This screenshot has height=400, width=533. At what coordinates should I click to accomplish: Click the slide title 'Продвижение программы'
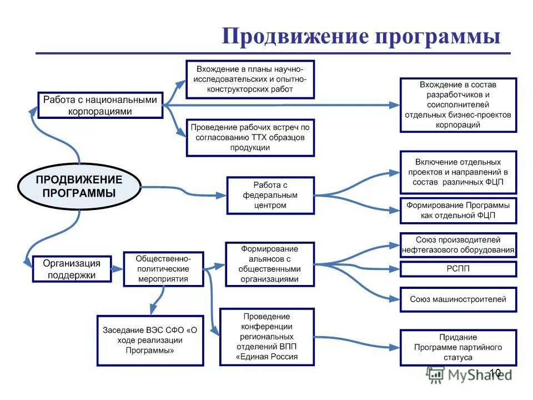[x=361, y=37]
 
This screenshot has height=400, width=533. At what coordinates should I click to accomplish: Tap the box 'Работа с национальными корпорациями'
[x=100, y=105]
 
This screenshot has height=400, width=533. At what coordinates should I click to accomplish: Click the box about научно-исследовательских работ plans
[x=250, y=79]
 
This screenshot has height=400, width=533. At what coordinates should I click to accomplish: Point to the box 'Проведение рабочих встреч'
[x=250, y=137]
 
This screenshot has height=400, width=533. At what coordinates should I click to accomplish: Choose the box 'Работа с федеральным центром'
[x=270, y=195]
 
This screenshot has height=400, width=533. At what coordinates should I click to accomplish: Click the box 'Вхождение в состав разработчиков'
[x=458, y=104]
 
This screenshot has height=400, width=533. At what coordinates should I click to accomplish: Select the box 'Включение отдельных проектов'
[x=458, y=172]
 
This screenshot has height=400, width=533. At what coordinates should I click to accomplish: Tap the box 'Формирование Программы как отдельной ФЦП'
[x=458, y=210]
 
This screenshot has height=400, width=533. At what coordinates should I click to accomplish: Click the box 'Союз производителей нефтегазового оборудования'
[x=458, y=245]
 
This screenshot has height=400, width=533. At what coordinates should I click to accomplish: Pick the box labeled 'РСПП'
[x=458, y=269]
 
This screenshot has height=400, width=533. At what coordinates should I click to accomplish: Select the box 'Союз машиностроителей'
[x=458, y=299]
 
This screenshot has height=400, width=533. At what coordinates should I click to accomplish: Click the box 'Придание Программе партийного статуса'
[x=458, y=347]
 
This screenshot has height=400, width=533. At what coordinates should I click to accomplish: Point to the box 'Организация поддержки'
[x=72, y=269]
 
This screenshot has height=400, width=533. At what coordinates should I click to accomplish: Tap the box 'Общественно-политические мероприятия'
[x=163, y=269]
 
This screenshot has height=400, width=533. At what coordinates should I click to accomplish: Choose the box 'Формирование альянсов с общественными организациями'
[x=269, y=264]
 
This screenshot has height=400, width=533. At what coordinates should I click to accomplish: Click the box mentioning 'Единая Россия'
[x=267, y=337]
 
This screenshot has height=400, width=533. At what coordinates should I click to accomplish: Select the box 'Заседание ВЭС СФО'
[x=150, y=341]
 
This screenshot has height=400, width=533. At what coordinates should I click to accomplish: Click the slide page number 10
[x=495, y=372]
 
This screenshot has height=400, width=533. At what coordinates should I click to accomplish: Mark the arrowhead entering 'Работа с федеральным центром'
[x=223, y=195]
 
